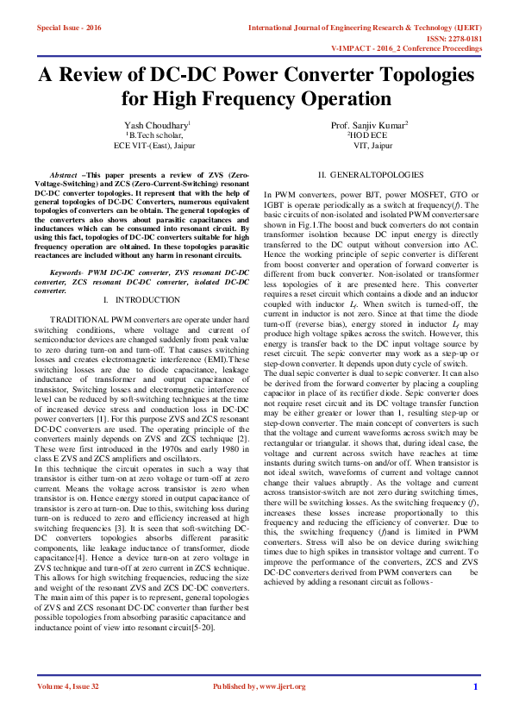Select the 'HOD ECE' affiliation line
click(369, 135)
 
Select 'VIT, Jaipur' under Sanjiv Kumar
click(369, 146)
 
